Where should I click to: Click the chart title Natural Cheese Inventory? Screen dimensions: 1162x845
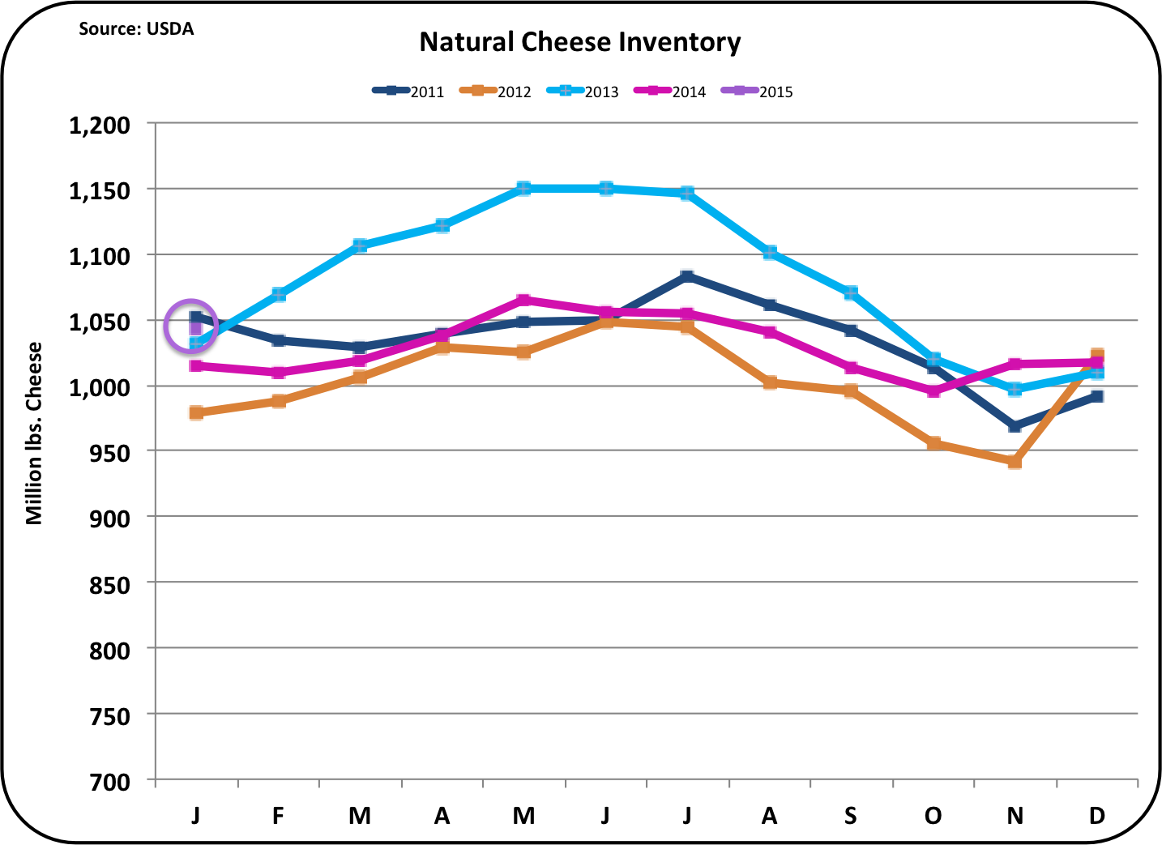tap(580, 43)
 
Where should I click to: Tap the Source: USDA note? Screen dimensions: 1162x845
tap(136, 29)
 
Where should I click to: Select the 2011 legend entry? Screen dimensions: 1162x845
tap(408, 92)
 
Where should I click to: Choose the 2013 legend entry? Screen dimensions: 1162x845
tap(583, 92)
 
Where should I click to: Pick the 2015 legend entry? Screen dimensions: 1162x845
tap(757, 92)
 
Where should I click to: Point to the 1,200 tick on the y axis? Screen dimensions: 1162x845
tap(100, 125)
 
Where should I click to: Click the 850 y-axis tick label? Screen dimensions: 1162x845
tap(109, 585)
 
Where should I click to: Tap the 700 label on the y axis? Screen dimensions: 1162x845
tap(109, 783)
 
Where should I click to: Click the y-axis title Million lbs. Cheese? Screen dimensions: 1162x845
tap(34, 433)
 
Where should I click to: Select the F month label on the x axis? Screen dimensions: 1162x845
tap(278, 816)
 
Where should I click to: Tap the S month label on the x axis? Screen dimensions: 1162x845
tap(850, 816)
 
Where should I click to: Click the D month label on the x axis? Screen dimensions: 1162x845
tap(1096, 816)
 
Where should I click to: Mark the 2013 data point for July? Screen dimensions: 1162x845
tap(687, 193)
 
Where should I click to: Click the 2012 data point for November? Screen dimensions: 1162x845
tap(1015, 462)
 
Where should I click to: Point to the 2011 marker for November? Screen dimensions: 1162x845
tap(1015, 426)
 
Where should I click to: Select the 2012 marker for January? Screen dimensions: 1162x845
tap(196, 413)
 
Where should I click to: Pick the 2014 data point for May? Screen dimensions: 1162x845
tap(523, 300)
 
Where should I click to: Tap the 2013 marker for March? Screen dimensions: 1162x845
tap(360, 245)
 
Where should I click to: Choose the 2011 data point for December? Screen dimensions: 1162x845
tap(1096, 396)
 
